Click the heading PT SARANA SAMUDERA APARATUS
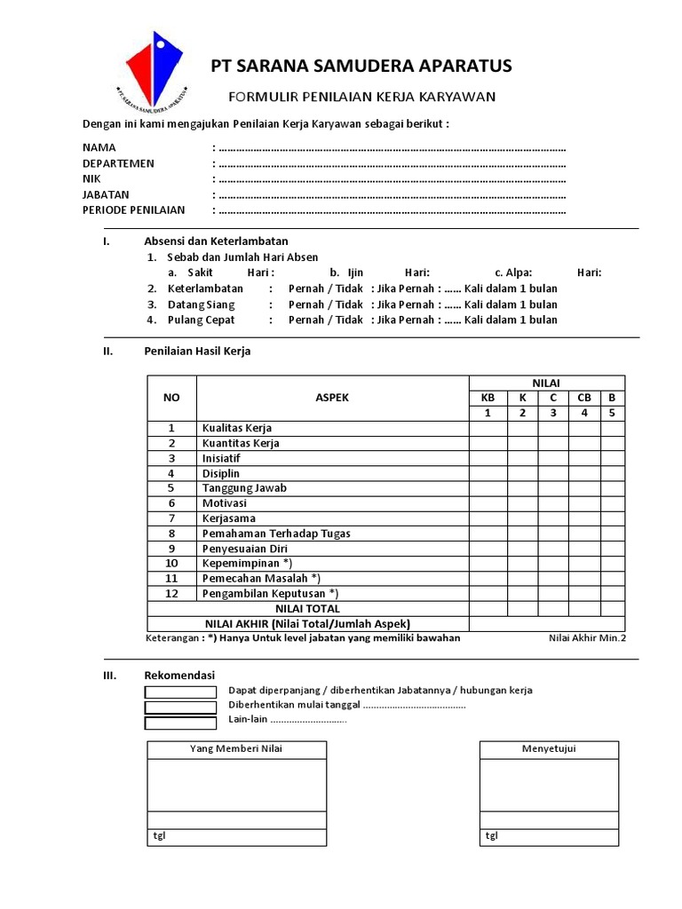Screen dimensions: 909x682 click(x=361, y=67)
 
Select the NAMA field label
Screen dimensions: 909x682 click(x=99, y=147)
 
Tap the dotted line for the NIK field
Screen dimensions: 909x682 click(x=391, y=179)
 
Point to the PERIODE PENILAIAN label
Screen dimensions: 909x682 click(x=134, y=210)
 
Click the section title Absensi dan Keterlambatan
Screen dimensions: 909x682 click(x=216, y=241)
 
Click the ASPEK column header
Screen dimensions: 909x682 click(x=332, y=398)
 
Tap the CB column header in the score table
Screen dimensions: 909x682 click(x=584, y=398)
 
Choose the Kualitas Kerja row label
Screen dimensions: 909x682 click(x=237, y=428)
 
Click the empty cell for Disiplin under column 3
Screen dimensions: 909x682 click(x=553, y=473)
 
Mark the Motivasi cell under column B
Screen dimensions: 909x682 click(x=613, y=503)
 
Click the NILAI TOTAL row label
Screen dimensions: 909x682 click(x=308, y=609)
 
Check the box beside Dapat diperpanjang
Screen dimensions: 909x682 click(x=180, y=692)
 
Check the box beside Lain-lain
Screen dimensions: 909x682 click(x=180, y=723)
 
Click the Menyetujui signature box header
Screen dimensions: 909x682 click(x=549, y=749)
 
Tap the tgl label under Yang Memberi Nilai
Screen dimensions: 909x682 click(x=159, y=836)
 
